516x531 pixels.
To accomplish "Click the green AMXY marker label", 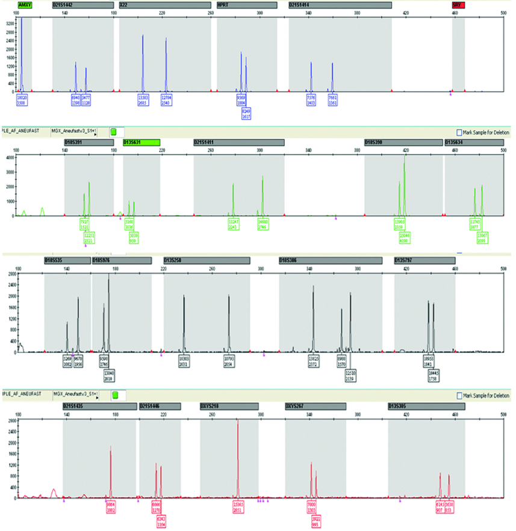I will coord(25,5).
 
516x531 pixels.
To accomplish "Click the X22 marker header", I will coord(165,5).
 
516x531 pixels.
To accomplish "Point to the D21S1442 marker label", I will coord(82,5).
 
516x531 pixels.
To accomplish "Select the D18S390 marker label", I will coord(403,143).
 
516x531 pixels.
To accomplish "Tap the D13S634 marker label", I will coord(474,143).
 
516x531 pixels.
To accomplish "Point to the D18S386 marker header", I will coord(330,260).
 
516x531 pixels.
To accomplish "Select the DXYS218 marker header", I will coord(229,407).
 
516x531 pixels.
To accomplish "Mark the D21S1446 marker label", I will coord(160,407).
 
